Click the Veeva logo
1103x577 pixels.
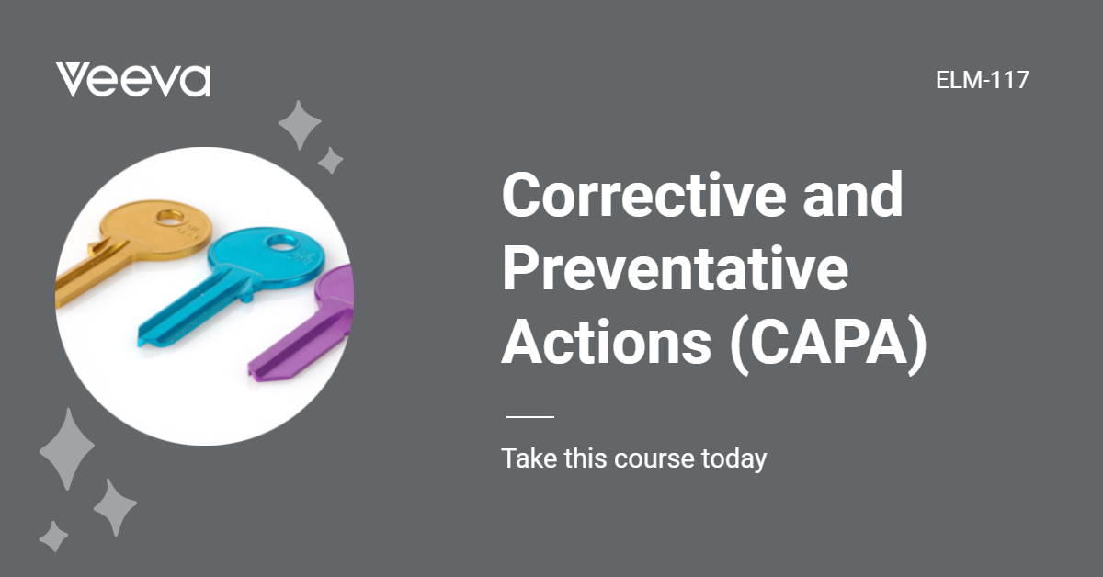tap(133, 80)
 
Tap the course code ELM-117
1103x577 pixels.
tap(982, 80)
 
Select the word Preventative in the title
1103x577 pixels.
tap(675, 269)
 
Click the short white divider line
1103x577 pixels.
tap(530, 417)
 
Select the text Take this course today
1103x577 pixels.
tap(633, 458)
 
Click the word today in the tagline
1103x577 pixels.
tap(733, 458)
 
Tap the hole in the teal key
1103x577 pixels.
tap(277, 244)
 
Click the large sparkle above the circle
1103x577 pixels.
tap(300, 126)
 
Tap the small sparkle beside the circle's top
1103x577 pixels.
tap(330, 161)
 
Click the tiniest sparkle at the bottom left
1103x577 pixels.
tap(53, 536)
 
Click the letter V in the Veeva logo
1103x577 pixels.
tap(73, 80)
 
